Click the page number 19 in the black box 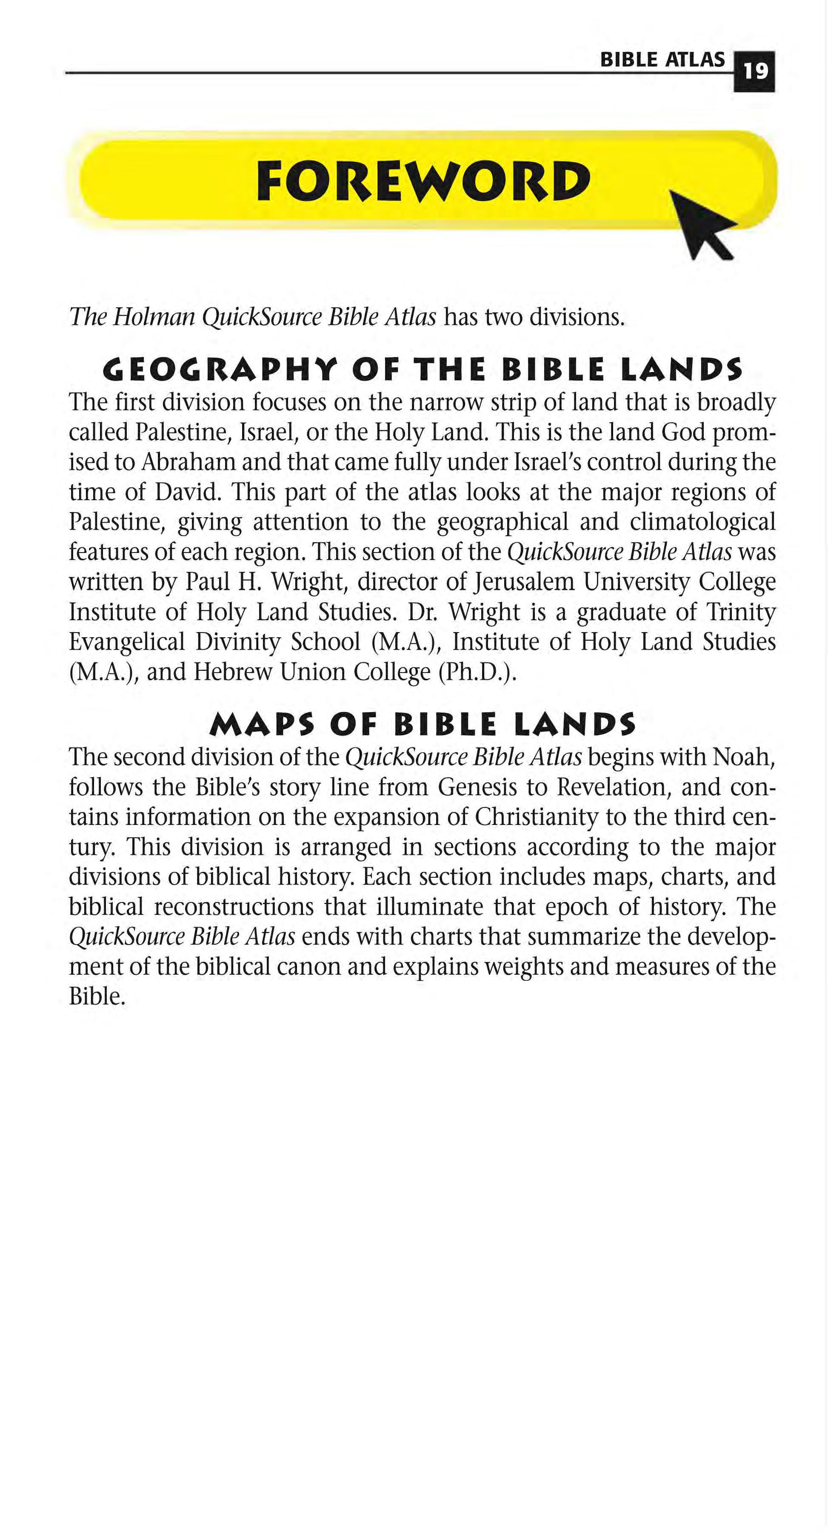coord(755,72)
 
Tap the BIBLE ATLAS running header coord(662,60)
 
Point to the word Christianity coord(536,817)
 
